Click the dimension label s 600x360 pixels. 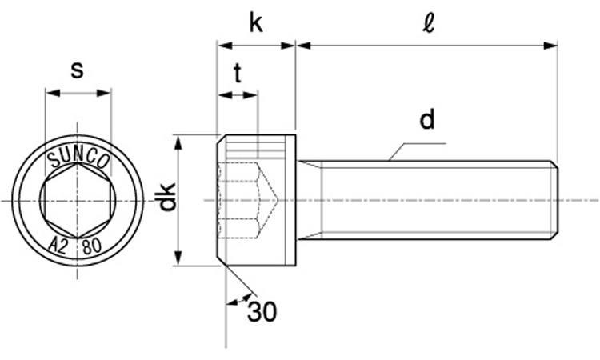tap(77, 70)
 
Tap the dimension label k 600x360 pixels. tap(255, 23)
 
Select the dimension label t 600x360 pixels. tap(238, 74)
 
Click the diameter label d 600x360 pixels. tap(427, 120)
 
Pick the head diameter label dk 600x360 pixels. tap(166, 198)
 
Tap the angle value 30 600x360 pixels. tap(262, 312)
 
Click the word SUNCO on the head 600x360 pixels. tap(78, 158)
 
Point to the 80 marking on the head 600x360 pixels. tap(91, 247)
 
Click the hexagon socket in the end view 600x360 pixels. tap(77, 201)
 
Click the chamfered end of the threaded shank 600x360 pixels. tap(554, 200)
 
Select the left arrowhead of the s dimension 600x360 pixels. tap(50, 94)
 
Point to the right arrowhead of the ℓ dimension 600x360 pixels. tap(551, 46)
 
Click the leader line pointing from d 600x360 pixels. tap(408, 149)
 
